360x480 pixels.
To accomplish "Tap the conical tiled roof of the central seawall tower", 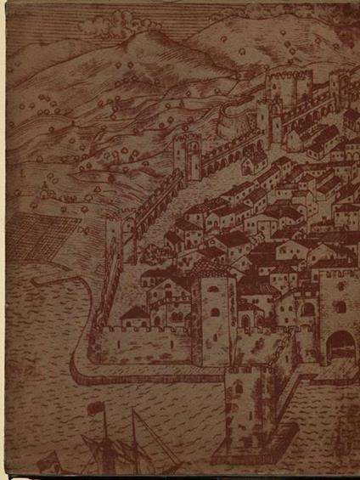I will coord(212,270).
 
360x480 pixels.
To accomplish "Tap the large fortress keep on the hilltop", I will coord(289,85).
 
